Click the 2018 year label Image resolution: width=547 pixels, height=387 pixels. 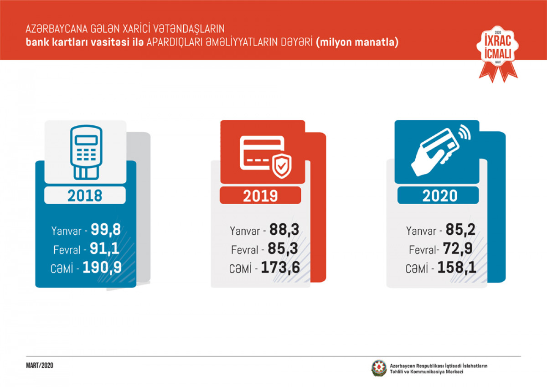coord(85,196)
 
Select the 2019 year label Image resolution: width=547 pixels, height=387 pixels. coord(260,196)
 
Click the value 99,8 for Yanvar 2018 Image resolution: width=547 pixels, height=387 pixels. coord(106,230)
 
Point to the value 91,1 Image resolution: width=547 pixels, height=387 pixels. coord(105,249)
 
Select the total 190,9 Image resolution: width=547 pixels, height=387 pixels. coord(102,268)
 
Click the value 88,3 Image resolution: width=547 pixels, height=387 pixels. coord(284,230)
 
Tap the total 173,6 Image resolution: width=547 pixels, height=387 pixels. coord(280,268)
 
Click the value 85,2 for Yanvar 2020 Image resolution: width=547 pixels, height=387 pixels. coord(460,230)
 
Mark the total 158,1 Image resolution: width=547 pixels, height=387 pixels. coord(457,268)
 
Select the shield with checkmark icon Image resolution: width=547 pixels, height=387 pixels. coord(280,166)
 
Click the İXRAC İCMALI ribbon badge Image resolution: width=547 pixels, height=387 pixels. coord(498,54)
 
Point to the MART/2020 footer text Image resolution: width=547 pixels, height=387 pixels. coord(40,366)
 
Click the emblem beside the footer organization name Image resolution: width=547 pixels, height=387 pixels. coord(378,368)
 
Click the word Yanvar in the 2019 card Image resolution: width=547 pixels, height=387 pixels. coord(245,231)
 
